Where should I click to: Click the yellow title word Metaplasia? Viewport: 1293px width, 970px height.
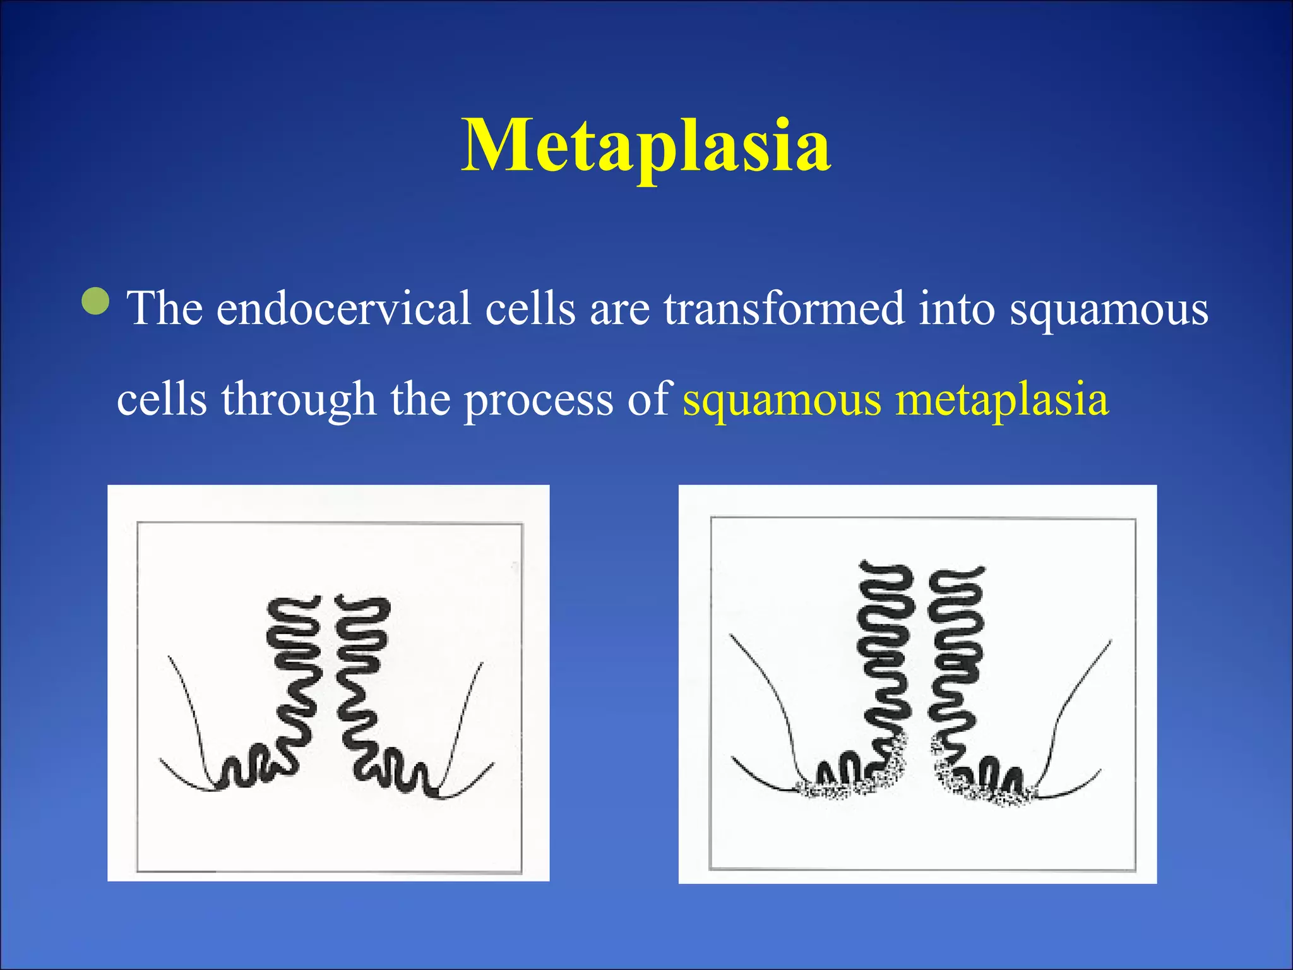coord(646,147)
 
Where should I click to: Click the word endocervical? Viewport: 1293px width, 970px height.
coord(343,308)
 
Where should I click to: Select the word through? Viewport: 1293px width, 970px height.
coord(298,399)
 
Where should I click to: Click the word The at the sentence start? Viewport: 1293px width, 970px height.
coord(165,308)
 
